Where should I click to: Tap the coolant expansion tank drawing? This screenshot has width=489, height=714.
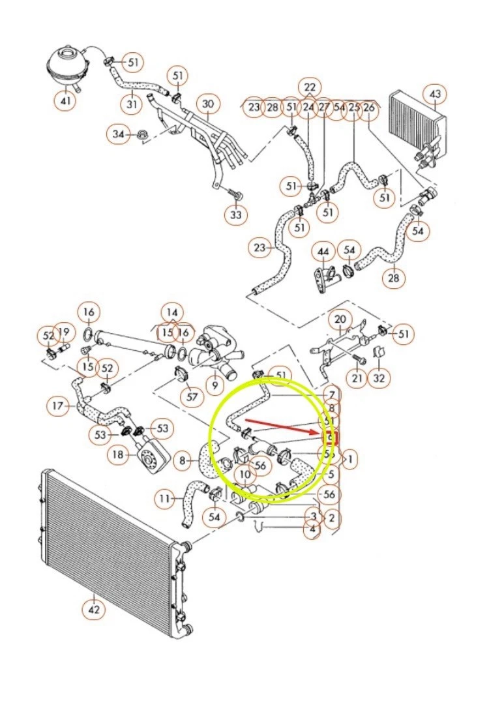68,66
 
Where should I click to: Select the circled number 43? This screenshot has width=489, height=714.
436,95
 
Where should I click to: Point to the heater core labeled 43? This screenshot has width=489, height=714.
417,124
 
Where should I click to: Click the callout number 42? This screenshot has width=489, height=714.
94,610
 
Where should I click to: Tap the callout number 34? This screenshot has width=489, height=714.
118,134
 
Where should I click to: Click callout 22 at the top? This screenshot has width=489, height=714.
309,87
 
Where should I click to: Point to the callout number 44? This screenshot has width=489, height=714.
323,250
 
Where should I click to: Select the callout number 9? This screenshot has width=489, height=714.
214,385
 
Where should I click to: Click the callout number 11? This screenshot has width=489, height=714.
166,499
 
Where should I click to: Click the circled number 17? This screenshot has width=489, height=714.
57,406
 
